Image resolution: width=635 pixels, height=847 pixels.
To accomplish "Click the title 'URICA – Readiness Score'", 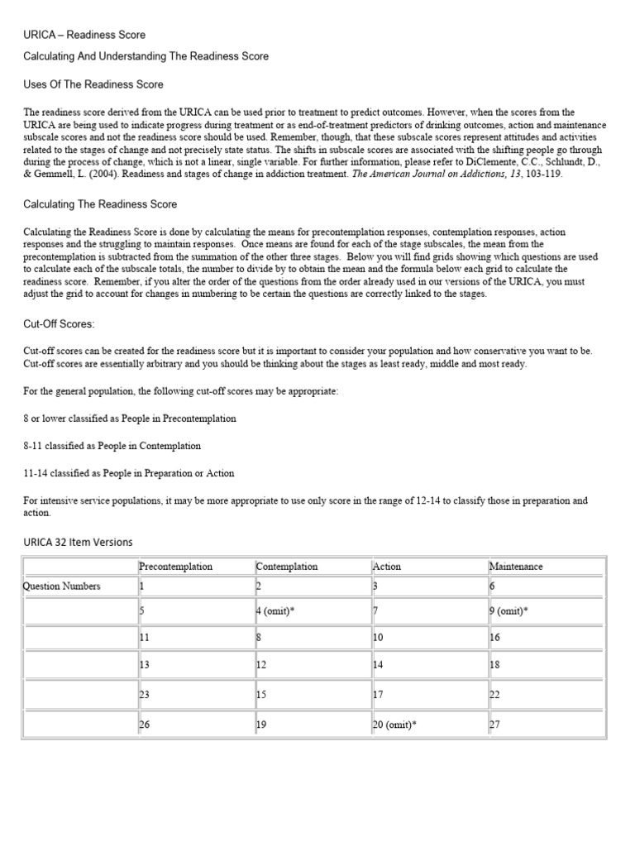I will click(x=84, y=35).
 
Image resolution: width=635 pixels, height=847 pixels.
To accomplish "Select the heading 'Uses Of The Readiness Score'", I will click(x=93, y=84).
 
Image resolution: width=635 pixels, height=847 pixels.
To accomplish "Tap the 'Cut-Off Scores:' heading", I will click(x=60, y=324).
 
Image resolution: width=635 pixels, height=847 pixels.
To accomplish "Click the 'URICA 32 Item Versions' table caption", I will click(x=78, y=542).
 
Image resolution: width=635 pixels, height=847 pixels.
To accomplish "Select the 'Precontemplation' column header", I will click(x=175, y=567).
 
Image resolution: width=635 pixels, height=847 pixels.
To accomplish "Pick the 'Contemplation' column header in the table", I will click(x=287, y=567).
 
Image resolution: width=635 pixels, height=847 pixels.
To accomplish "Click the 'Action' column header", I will click(x=387, y=567).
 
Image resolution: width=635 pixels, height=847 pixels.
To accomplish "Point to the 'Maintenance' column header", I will click(x=516, y=567).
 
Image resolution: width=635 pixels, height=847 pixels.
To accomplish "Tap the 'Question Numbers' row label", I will click(x=63, y=586).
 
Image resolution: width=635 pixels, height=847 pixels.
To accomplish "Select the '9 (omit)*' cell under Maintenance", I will click(x=508, y=611).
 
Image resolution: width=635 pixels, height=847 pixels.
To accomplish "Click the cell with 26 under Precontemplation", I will click(x=145, y=724).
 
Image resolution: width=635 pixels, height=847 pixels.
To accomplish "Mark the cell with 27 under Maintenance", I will click(x=495, y=724).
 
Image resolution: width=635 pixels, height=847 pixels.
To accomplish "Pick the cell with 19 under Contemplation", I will click(x=262, y=724).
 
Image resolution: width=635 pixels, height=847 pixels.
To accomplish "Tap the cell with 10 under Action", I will click(x=379, y=639).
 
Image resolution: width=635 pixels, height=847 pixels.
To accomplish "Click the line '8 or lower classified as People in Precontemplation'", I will click(x=130, y=419).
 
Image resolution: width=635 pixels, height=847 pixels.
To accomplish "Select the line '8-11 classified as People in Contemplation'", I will click(x=112, y=446).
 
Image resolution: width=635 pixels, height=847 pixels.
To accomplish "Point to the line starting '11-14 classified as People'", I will click(x=129, y=473).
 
